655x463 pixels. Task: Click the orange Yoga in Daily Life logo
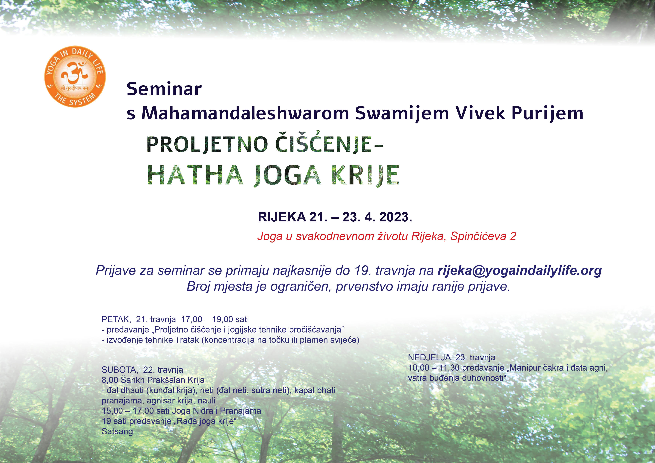75,77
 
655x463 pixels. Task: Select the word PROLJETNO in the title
207,144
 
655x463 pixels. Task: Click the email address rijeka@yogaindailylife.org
519,271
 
